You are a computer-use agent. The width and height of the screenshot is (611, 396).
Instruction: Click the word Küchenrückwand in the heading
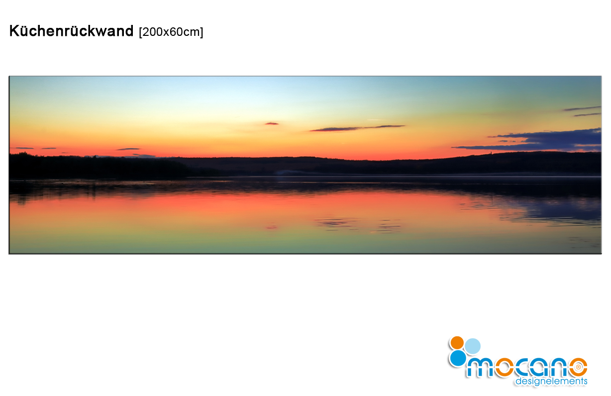tap(71, 31)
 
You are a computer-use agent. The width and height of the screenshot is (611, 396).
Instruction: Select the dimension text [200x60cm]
tap(171, 32)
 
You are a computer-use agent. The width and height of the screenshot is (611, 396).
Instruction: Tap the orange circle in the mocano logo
tap(457, 343)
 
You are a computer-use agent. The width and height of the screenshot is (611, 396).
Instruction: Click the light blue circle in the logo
tap(473, 346)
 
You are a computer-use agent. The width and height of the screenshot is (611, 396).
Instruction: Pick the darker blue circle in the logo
tap(458, 358)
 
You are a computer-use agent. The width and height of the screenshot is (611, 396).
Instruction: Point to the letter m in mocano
tap(480, 368)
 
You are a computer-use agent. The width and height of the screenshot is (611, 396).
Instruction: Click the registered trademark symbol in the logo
tap(578, 367)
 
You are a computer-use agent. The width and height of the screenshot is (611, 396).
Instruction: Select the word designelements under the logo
tap(551, 381)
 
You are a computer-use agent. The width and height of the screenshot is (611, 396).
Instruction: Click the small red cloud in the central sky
tap(271, 124)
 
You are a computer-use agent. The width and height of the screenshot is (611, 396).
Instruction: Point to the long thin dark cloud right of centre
tap(357, 128)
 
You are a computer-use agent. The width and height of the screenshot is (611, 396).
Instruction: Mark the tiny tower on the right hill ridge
tap(491, 152)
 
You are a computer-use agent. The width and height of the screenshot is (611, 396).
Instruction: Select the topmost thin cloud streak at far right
tap(582, 109)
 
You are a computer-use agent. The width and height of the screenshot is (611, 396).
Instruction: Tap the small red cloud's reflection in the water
tap(271, 227)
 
